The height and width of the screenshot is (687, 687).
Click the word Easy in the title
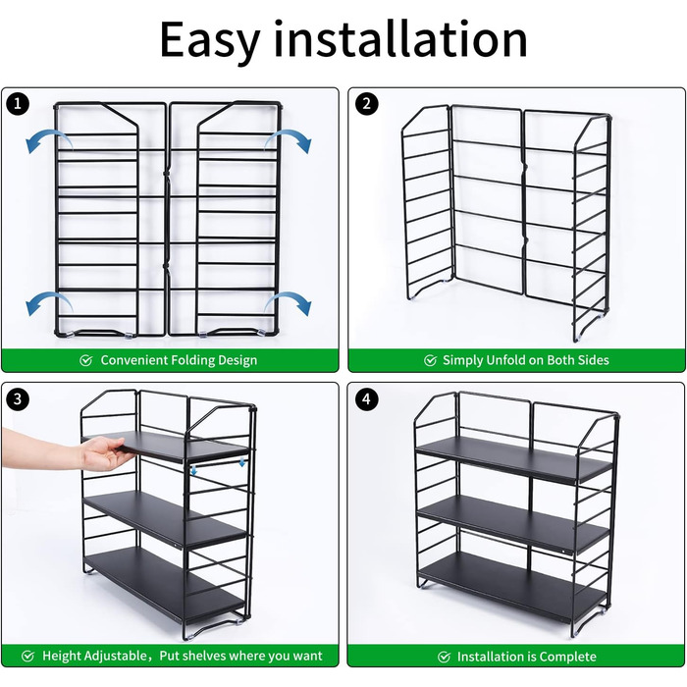tap(210, 40)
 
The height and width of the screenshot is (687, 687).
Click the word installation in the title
tap(400, 38)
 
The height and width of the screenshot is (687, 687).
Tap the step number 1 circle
tap(18, 104)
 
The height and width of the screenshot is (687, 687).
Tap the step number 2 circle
tap(366, 104)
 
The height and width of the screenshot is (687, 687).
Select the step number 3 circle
tap(18, 399)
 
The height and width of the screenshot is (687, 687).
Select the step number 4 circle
tap(366, 399)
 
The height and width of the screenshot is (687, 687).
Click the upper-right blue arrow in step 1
tap(291, 138)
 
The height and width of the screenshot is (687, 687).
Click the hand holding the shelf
tap(66, 449)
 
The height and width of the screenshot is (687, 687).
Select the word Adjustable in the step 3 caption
tap(118, 656)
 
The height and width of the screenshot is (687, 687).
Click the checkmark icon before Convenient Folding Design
tap(86, 360)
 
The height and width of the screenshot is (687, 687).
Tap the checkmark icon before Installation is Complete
tap(444, 657)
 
